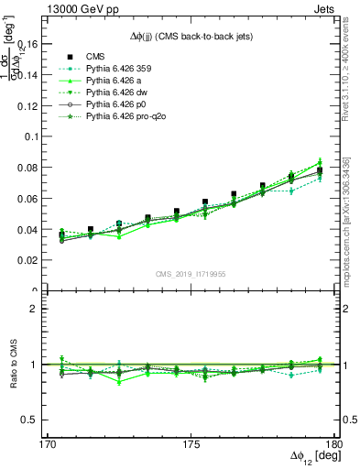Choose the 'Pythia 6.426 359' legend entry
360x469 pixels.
pos(120,68)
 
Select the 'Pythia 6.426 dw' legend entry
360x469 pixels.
pos(117,93)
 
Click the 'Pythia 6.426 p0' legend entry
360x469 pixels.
pos(116,106)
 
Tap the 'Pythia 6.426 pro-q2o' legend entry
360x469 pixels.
pos(126,119)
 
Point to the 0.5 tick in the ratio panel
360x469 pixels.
pos(33,420)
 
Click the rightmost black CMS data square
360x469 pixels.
pos(320,170)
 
